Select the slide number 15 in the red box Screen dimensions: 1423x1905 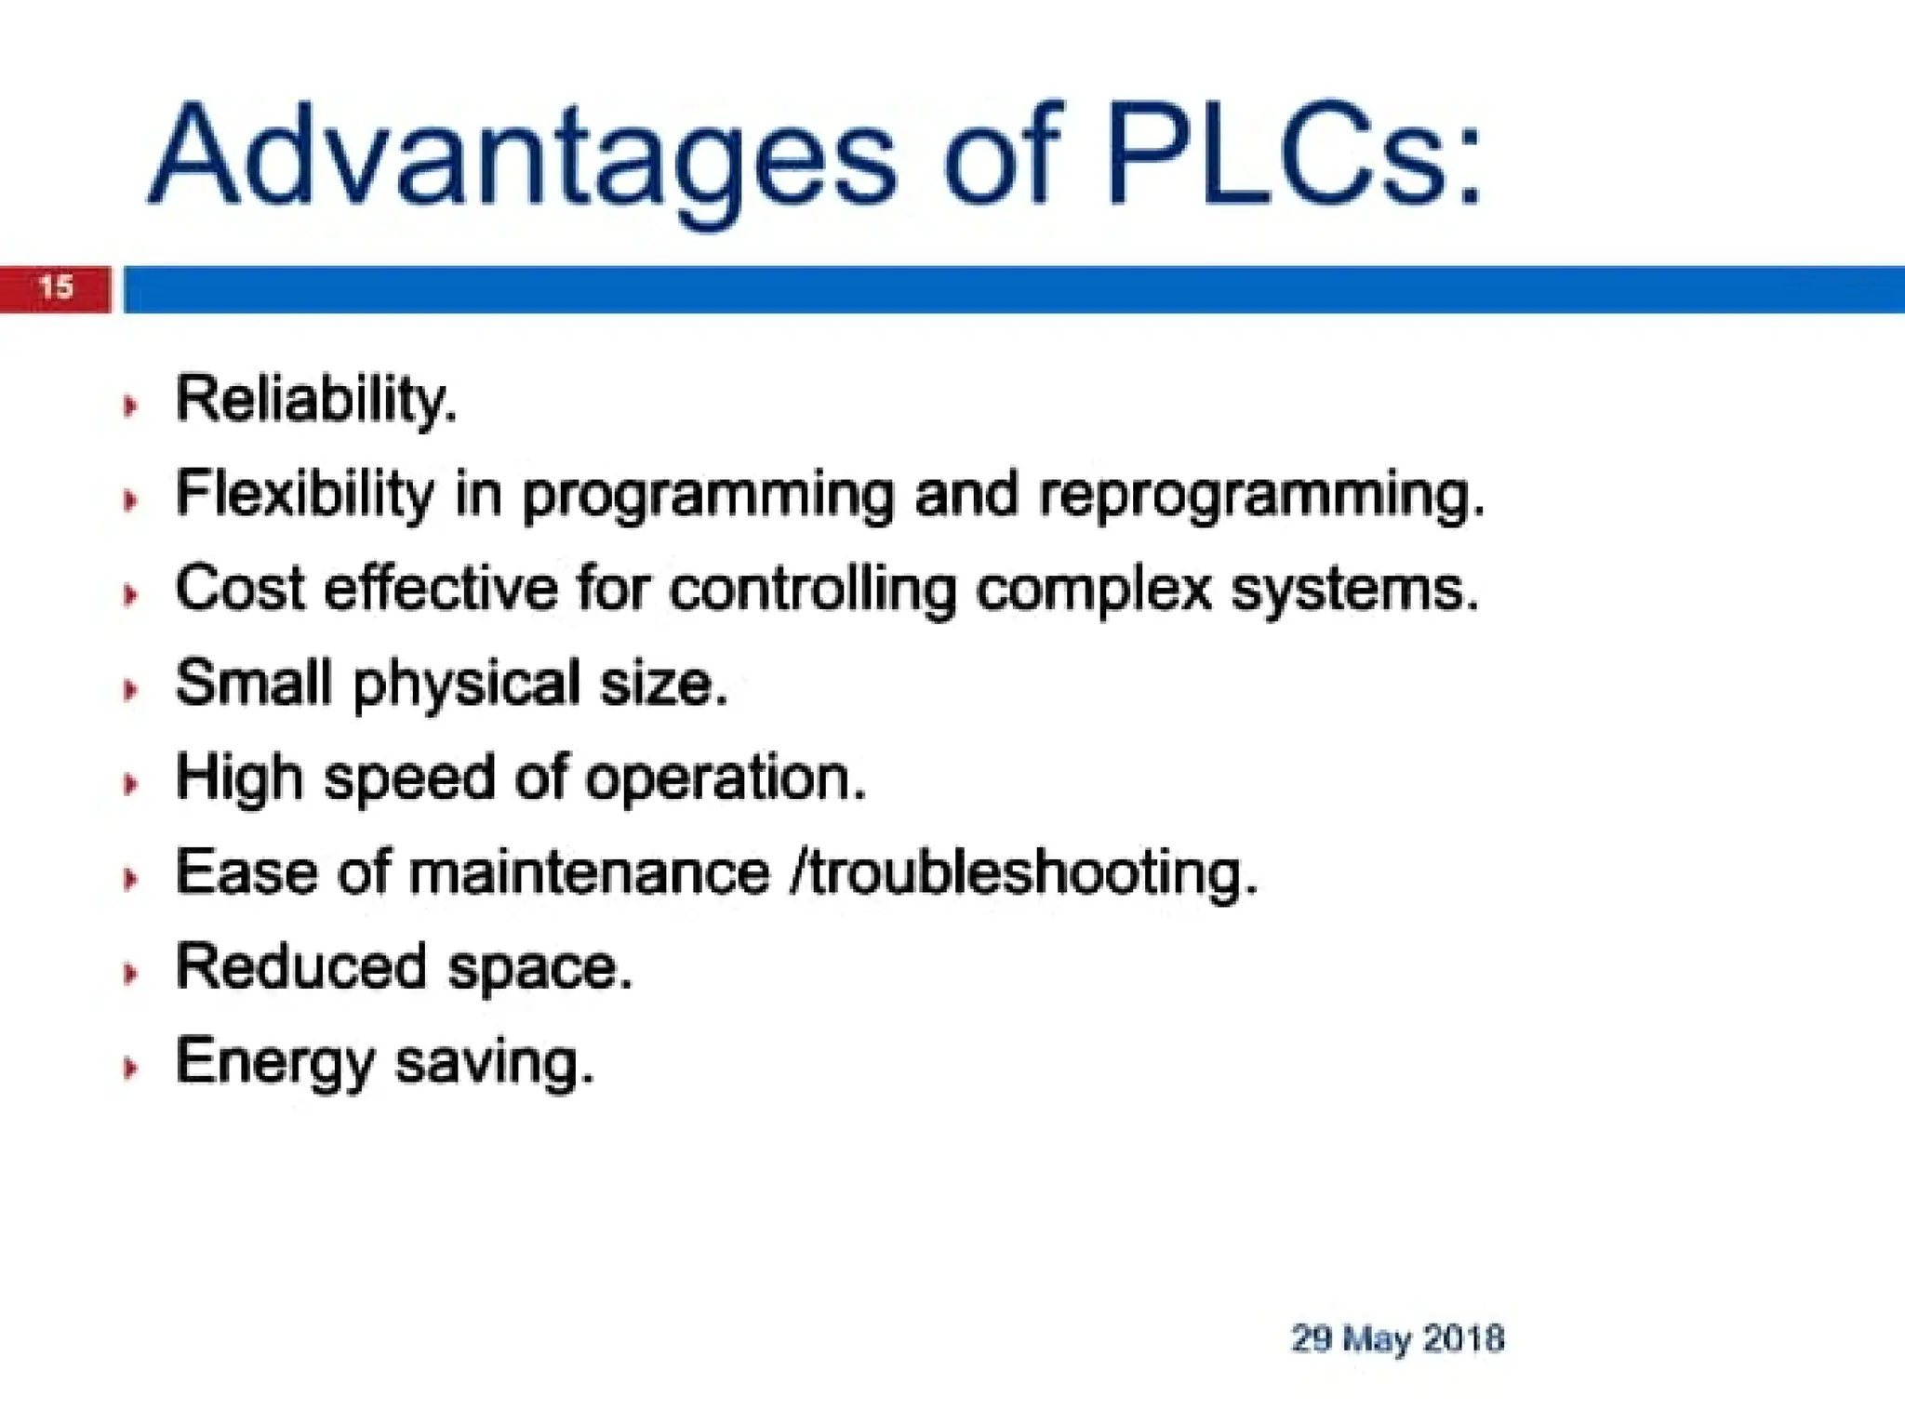(x=56, y=287)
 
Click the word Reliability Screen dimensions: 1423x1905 (x=316, y=400)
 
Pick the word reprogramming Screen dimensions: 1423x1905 (x=1260, y=495)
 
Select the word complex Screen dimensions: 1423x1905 (x=1094, y=591)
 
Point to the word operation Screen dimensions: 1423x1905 (x=725, y=779)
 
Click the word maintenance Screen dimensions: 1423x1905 (x=589, y=873)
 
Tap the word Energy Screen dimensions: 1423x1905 (x=275, y=1063)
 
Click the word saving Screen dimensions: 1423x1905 (x=494, y=1063)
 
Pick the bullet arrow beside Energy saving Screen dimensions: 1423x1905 (x=130, y=1068)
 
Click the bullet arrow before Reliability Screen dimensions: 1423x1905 (x=130, y=406)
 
